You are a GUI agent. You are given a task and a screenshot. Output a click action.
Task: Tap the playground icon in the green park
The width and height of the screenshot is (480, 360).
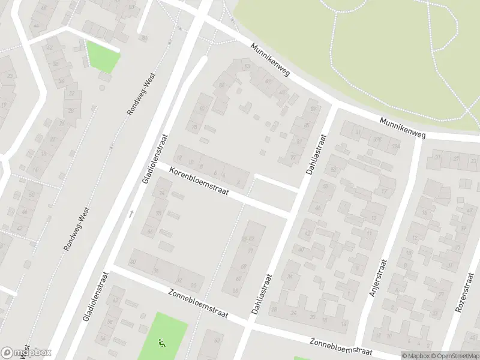click(x=161, y=344)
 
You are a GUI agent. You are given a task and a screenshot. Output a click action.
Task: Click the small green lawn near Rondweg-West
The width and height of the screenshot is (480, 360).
click(x=103, y=55)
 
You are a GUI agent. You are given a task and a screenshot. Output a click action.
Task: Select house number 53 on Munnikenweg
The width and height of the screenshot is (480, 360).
click(x=247, y=67)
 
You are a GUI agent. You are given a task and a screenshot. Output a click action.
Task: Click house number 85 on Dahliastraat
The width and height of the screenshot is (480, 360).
click(x=307, y=125)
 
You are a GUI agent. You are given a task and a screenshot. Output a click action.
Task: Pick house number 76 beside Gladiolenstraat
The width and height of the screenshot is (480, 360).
click(x=194, y=127)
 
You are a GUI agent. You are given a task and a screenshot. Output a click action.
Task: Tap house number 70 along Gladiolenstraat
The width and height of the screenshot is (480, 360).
click(x=160, y=214)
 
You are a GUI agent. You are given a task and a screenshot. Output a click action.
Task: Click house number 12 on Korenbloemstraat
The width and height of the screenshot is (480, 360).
click(x=179, y=157)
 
